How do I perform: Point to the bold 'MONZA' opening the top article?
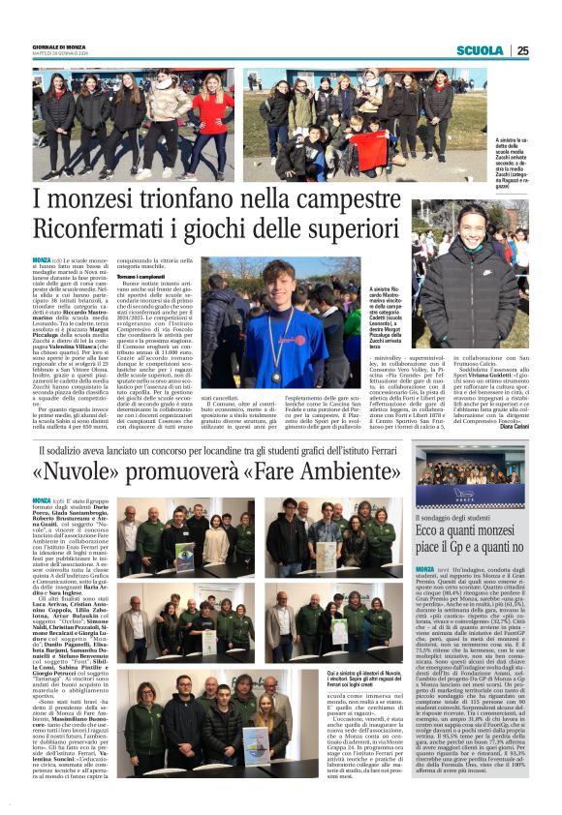coord(42,261)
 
